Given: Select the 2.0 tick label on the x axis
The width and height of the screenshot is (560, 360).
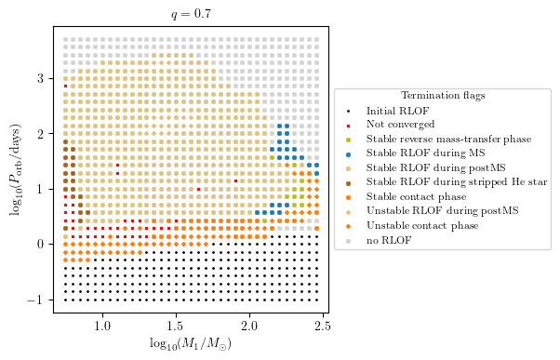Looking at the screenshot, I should (249, 326).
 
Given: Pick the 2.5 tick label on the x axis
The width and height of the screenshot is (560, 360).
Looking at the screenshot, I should (323, 326).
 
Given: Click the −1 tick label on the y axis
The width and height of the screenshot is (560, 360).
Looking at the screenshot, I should (39, 300).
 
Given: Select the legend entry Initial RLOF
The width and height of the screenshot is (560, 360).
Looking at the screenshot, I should (397, 111).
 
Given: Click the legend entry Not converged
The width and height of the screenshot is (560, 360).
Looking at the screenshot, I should (401, 125).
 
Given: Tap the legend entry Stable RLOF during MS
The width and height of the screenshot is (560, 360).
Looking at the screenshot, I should (418, 153).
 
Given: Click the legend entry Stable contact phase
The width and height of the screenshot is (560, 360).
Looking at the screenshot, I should (414, 196).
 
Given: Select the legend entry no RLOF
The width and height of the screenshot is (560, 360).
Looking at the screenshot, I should (390, 240).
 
